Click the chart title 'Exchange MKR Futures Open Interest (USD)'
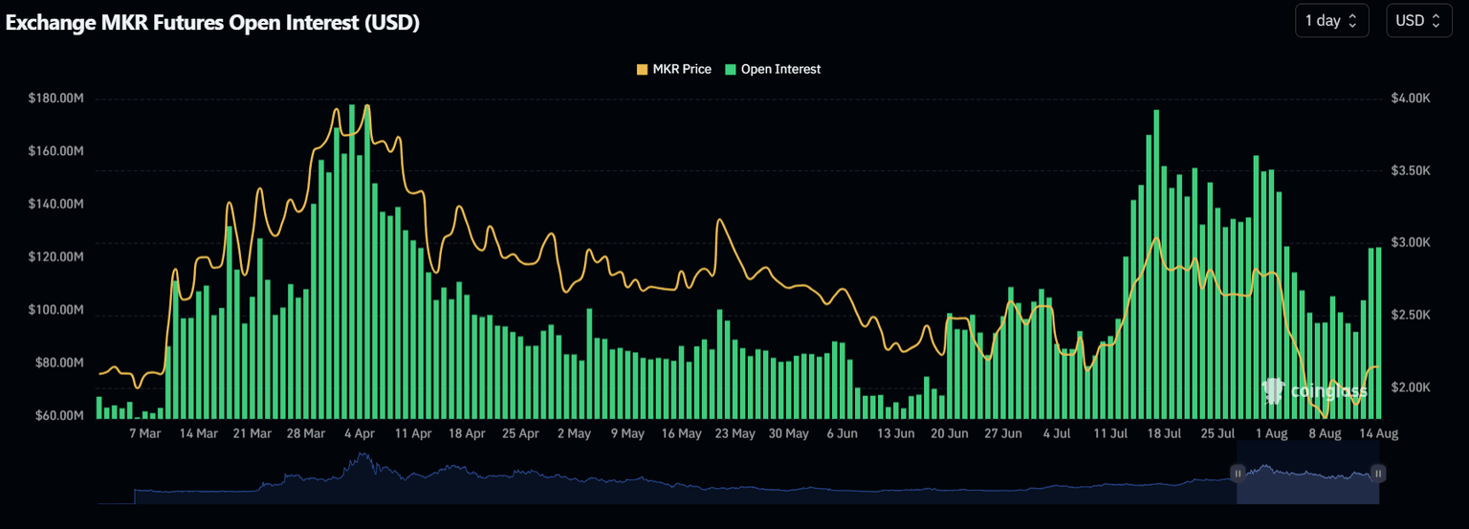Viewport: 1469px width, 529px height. pos(212,24)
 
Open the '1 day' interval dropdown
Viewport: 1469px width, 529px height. pos(1330,21)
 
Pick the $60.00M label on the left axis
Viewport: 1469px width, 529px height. pos(57,415)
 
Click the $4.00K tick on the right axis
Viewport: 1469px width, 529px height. pos(1411,99)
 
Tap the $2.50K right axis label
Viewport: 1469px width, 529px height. pos(1411,315)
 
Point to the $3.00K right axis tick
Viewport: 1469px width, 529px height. pos(1411,243)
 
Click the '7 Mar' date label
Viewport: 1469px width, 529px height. pos(144,434)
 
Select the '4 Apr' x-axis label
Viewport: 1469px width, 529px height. pos(359,434)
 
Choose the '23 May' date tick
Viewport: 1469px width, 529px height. pos(734,434)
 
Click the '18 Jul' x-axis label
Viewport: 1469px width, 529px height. pos(1163,434)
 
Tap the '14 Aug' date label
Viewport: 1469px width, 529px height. pos(1378,434)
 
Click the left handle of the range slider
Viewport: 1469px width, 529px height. pos(1237,473)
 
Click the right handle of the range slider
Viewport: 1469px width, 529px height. pos(1378,473)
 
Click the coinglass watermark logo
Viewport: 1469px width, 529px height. pos(1315,390)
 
